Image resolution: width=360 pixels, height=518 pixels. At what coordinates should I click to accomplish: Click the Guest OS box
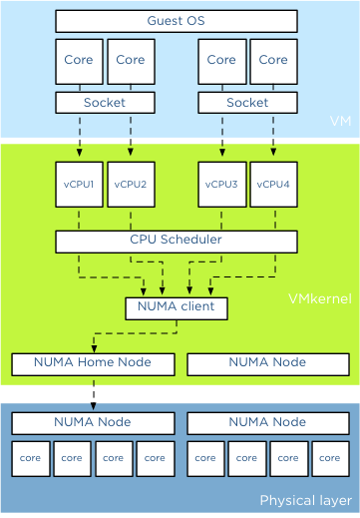(176, 21)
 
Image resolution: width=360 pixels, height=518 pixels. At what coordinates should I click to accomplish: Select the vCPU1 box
(79, 184)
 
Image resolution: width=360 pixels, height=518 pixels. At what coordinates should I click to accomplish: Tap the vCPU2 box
(130, 184)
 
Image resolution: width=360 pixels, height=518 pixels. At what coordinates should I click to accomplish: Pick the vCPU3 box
(221, 184)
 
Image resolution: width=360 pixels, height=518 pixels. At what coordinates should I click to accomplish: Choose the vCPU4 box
(273, 184)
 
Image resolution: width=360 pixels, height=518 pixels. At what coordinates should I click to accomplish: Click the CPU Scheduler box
(176, 241)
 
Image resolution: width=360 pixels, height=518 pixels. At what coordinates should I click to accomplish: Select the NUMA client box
(176, 307)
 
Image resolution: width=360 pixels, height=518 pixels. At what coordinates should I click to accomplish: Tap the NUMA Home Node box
(93, 363)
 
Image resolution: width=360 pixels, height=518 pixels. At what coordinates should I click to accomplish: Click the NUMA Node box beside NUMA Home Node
(267, 363)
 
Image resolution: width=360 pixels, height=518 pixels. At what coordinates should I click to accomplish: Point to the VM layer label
(340, 122)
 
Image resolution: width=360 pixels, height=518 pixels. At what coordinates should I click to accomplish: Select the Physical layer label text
(304, 500)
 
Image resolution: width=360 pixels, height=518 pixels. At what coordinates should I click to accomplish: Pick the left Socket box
(105, 102)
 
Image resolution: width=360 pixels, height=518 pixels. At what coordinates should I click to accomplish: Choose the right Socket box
(247, 102)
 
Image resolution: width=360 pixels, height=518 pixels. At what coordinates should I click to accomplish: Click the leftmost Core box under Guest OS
(79, 61)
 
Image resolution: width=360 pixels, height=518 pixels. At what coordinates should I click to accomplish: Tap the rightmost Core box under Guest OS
(273, 61)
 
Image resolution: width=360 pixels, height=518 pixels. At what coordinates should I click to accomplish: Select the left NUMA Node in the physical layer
(93, 422)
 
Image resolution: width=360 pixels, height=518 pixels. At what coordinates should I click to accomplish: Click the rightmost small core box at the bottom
(330, 458)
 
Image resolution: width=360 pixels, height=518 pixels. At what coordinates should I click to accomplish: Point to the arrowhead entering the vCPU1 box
(79, 156)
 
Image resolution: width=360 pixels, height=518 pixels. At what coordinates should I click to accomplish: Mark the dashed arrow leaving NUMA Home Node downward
(93, 393)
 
